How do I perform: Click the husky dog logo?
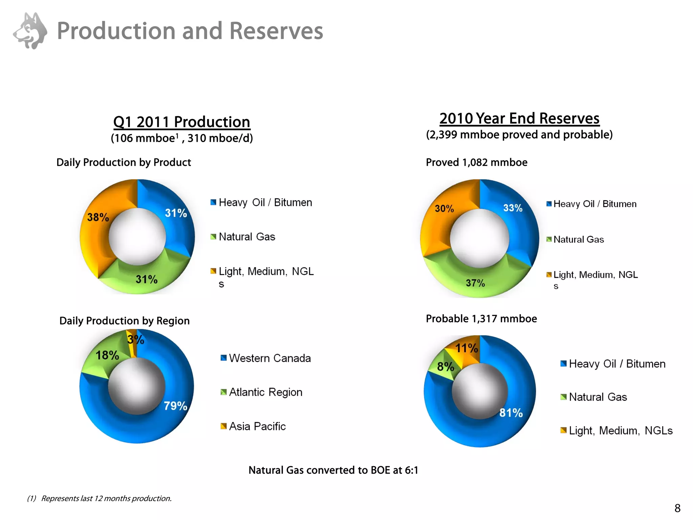(30, 31)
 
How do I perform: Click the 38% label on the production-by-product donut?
(98, 217)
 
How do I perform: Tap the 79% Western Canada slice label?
(175, 406)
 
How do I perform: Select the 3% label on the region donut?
(136, 339)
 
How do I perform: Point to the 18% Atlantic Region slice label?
(107, 355)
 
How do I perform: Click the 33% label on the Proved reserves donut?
(513, 208)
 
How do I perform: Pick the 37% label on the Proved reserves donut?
(475, 283)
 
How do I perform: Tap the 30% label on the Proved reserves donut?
(444, 208)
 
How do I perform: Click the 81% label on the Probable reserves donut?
(511, 413)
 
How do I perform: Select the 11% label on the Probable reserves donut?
(466, 348)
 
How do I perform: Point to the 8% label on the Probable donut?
(445, 366)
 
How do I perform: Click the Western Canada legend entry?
(266, 358)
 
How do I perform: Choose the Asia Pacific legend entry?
(253, 426)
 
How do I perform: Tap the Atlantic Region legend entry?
(262, 392)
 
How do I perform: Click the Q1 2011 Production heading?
(182, 122)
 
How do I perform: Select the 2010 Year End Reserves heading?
(519, 118)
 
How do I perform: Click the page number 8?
(677, 508)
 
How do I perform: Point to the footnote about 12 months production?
(99, 498)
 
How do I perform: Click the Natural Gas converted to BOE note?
(333, 470)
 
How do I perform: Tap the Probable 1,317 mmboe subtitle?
(481, 319)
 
